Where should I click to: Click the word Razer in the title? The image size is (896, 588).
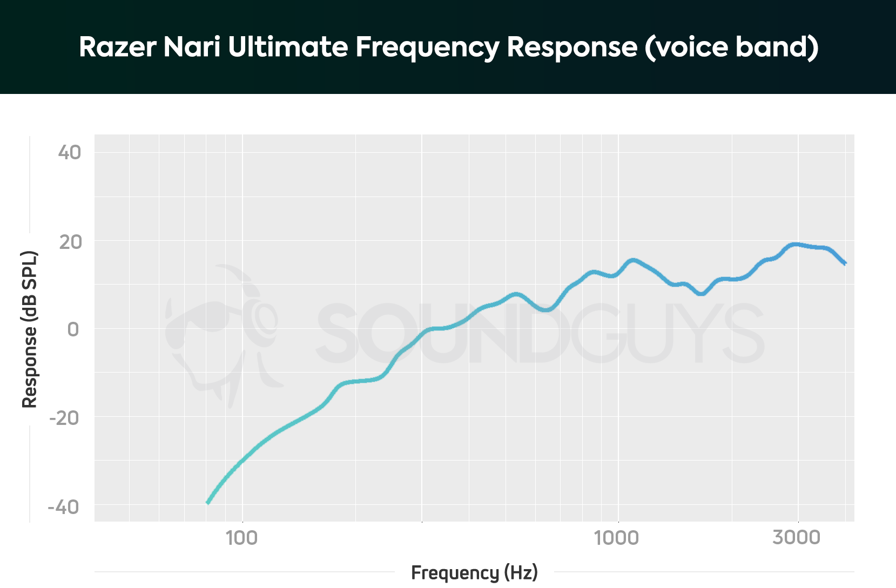[118, 47]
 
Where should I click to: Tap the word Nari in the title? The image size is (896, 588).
[192, 47]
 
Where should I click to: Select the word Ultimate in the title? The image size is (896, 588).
[288, 47]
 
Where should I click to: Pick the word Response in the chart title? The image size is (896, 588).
[572, 48]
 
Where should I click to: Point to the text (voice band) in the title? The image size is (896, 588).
[731, 47]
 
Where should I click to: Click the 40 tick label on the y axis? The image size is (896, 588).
[70, 152]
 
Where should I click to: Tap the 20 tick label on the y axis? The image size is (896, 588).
[71, 241]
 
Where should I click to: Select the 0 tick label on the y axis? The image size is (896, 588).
[73, 329]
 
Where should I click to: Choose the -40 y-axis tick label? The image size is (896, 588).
[64, 506]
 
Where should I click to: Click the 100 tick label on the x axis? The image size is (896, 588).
[242, 538]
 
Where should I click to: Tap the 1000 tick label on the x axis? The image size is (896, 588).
[617, 538]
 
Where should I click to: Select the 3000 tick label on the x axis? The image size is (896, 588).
[797, 538]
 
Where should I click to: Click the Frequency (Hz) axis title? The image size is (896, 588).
[474, 572]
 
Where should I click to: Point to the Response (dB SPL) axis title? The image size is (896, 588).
[30, 329]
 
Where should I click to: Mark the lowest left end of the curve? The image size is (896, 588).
[208, 503]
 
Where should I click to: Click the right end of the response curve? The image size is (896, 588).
[845, 263]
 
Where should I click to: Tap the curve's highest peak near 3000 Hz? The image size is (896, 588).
[795, 245]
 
